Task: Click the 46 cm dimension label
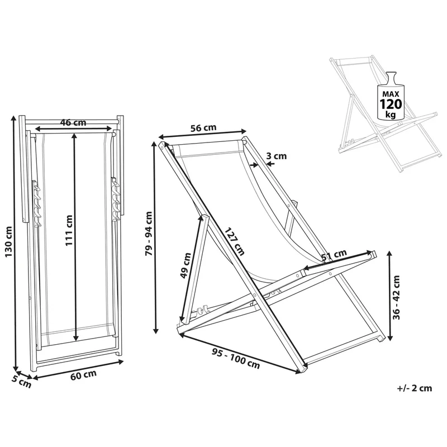[x=73, y=122]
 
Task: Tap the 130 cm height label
[x=8, y=241]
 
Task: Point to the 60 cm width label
[x=83, y=375]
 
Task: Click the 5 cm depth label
[x=21, y=382]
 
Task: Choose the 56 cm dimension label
[x=203, y=128]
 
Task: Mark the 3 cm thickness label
[x=276, y=156]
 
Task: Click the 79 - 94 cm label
[x=149, y=234]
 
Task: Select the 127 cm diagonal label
[x=234, y=241]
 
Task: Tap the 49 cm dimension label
[x=186, y=265]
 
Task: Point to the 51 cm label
[x=334, y=255]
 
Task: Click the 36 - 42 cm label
[x=396, y=297]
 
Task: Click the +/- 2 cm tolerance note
[x=415, y=388]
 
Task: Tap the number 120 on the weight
[x=391, y=104]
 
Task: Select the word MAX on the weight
[x=391, y=94]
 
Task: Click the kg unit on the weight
[x=391, y=115]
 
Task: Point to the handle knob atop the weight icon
[x=391, y=75]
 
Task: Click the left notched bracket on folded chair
[x=36, y=203]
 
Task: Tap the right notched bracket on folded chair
[x=116, y=199]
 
